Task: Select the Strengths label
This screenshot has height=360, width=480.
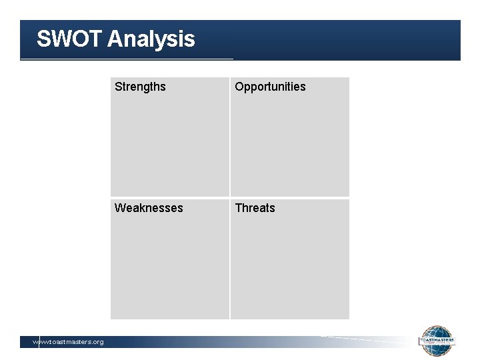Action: (x=140, y=87)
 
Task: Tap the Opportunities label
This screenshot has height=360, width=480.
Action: (x=270, y=87)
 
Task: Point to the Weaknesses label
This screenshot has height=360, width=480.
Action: (x=148, y=208)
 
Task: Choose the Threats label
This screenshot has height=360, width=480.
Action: (x=255, y=208)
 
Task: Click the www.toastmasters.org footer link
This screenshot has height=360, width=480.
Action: (x=68, y=342)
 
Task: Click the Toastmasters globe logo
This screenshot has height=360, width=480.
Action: (x=437, y=341)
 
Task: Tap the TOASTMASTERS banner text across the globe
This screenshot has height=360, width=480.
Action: (x=437, y=340)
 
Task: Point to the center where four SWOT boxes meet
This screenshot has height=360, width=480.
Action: (x=230, y=198)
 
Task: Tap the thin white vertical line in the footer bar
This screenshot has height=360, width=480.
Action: (x=39, y=342)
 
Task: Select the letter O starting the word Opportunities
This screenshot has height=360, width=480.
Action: (x=239, y=87)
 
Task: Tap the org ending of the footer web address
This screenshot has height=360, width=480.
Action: (x=97, y=342)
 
